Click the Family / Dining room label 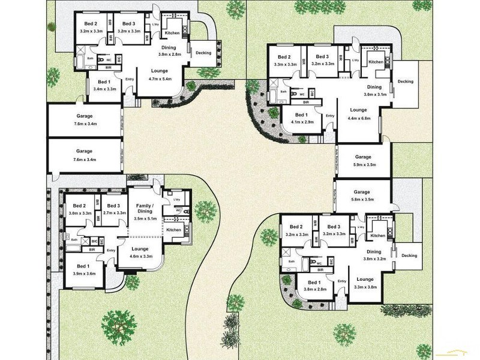pos(145,208)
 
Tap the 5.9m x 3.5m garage pos(364,160)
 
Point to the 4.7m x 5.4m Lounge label pos(160,74)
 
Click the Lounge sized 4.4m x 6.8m pos(358,113)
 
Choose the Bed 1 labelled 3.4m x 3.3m pos(104,85)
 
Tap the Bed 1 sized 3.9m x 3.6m pos(83,269)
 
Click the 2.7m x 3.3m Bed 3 pos(114,209)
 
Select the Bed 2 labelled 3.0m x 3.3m pos(80,209)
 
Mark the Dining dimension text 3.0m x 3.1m pos(374,94)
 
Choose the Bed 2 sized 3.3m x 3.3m pos(285,60)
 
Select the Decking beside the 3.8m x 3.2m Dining pos(409,256)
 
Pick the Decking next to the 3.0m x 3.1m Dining pos(405,81)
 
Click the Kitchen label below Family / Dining pos(174,230)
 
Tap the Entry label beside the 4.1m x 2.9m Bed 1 pos(329,116)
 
